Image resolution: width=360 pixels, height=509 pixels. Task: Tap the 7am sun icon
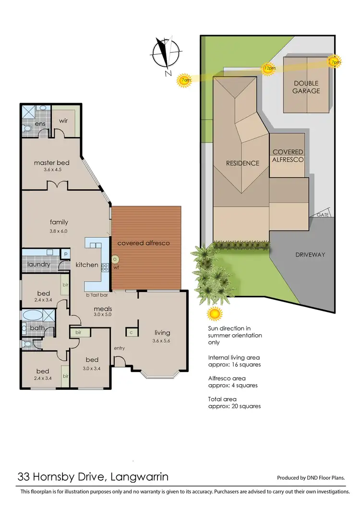[x=184, y=80]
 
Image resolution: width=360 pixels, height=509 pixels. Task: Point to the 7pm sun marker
[x=335, y=61]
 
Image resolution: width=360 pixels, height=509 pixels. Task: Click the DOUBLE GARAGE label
[x=307, y=87]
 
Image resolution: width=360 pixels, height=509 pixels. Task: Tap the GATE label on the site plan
[x=323, y=215]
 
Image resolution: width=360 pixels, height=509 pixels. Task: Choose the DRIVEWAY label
[x=310, y=254]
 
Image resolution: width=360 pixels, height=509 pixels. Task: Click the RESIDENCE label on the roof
[x=242, y=163]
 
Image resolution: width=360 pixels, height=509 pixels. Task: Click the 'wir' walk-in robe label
[x=64, y=121]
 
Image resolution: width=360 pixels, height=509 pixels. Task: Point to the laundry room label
[x=39, y=264]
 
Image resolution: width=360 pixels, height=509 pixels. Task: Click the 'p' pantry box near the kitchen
[x=65, y=253]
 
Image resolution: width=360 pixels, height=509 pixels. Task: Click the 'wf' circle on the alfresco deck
[x=115, y=259]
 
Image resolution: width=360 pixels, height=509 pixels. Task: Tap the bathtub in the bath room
[x=33, y=316]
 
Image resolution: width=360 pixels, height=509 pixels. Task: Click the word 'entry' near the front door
[x=119, y=348]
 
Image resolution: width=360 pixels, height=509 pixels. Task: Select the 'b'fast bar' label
[x=96, y=296]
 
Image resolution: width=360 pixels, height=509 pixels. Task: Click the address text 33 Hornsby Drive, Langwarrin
[x=93, y=477]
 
